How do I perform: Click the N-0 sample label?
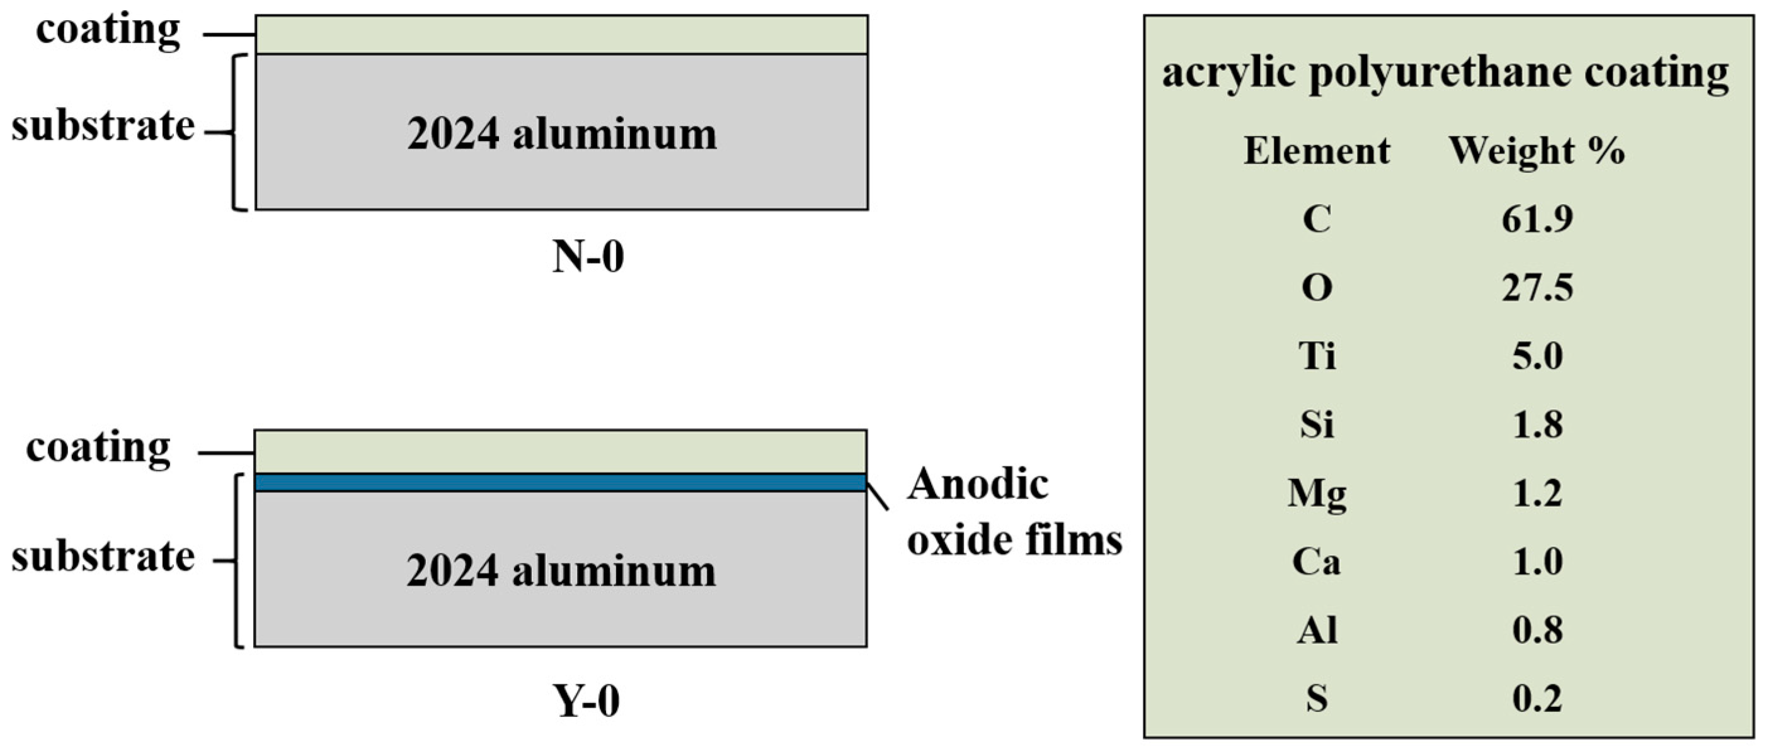coord(588,257)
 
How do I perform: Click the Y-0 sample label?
coord(587,701)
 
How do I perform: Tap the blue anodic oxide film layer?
coord(560,483)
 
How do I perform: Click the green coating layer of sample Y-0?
coord(560,451)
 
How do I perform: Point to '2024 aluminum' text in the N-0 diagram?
coord(562,133)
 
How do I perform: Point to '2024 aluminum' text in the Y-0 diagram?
coord(560,570)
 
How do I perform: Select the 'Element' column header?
coord(1317,150)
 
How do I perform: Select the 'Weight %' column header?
coord(1537,150)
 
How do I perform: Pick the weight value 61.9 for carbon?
coord(1537,219)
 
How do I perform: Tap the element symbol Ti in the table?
coord(1317,356)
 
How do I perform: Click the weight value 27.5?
coord(1537,287)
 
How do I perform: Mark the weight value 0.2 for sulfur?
coord(1537,699)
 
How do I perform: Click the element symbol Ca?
coord(1317,562)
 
